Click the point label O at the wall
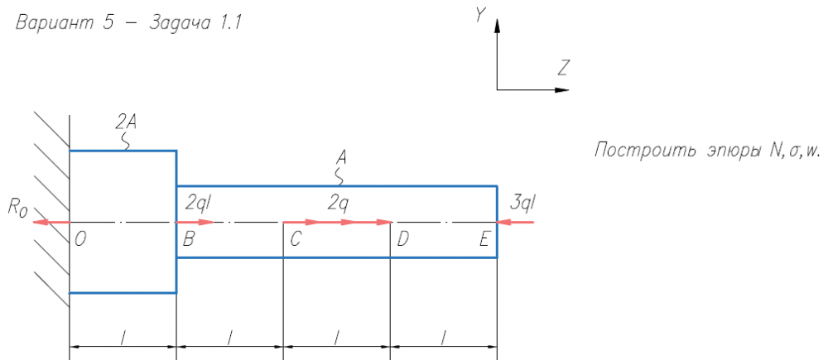[x=80, y=239]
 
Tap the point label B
[x=188, y=239]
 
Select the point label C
[x=296, y=239]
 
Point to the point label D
[x=402, y=239]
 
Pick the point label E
[x=484, y=239]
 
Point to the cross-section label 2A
[x=126, y=122]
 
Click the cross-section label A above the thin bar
[x=340, y=156]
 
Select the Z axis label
[x=562, y=68]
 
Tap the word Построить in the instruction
[x=643, y=151]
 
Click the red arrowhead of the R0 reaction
[x=38, y=222]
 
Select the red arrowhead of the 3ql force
[x=503, y=222]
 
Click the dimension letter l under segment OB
[x=123, y=337]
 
